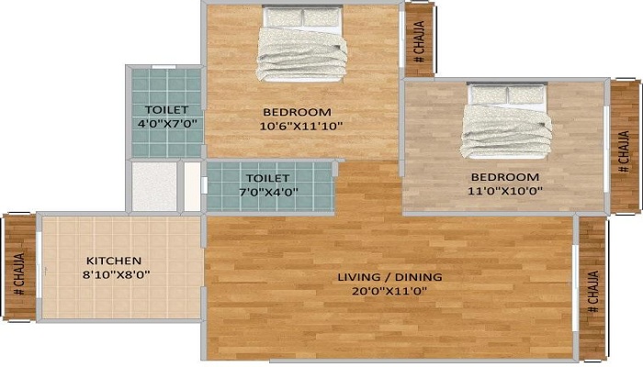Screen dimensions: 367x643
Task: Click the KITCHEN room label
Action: tap(114, 260)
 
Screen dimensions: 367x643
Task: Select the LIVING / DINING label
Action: tap(389, 276)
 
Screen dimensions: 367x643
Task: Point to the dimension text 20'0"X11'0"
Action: tap(389, 291)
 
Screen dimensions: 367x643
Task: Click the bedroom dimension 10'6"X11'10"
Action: tap(302, 127)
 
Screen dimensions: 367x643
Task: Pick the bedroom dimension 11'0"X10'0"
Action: tap(505, 191)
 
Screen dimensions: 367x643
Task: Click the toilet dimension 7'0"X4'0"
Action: tap(268, 192)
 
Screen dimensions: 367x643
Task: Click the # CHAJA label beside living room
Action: tap(592, 292)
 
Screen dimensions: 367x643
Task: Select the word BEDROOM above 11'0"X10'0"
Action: tap(504, 176)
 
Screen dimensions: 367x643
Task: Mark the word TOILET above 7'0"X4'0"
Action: tap(268, 177)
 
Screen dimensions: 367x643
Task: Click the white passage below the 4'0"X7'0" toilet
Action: tap(153, 186)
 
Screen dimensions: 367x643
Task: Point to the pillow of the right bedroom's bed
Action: tap(507, 94)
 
